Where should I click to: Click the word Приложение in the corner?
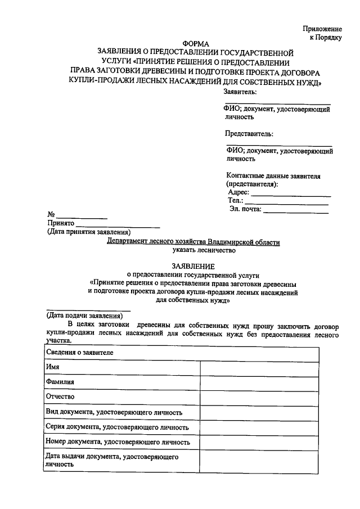pyautogui.click(x=322, y=28)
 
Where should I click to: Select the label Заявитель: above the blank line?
pyautogui.click(x=240, y=91)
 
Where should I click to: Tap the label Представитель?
pyautogui.click(x=249, y=133)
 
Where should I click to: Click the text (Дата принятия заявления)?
pyautogui.click(x=89, y=232)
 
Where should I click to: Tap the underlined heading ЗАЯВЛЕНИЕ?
pyautogui.click(x=193, y=265)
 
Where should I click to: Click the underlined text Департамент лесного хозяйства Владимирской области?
pyautogui.click(x=193, y=242)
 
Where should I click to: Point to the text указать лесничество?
pyautogui.click(x=193, y=251)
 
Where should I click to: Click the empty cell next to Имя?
pyautogui.click(x=259, y=367)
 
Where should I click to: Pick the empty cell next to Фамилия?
pyautogui.click(x=259, y=382)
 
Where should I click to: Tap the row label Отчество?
pyautogui.click(x=60, y=397)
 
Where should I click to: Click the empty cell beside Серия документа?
pyautogui.click(x=259, y=427)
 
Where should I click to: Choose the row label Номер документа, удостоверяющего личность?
pyautogui.click(x=118, y=443)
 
